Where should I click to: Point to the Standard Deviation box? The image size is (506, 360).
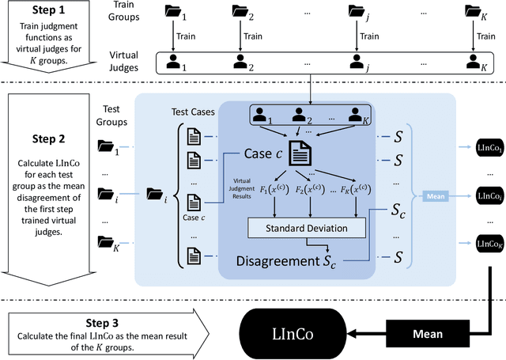308,228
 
